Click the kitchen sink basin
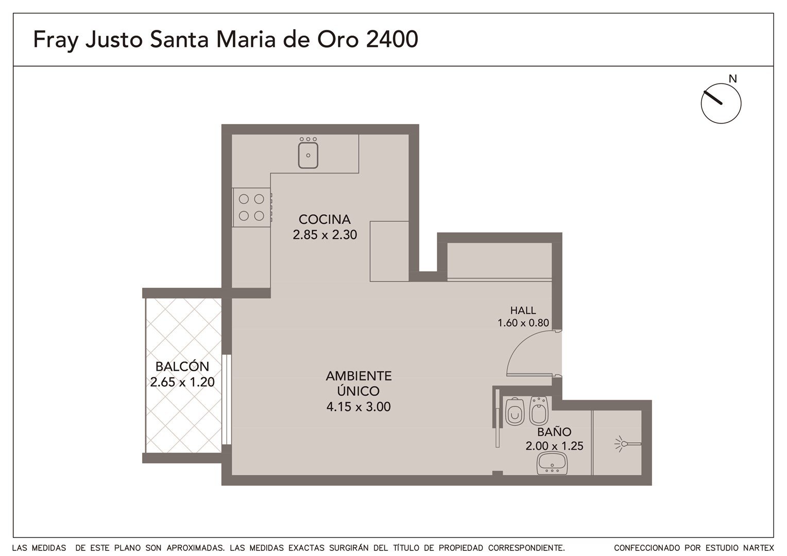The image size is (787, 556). pos(308,155)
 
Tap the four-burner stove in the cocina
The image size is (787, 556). pos(251,207)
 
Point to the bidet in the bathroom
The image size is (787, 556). pos(538,411)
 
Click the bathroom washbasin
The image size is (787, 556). pos(552,463)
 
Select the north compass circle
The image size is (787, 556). pos(721,103)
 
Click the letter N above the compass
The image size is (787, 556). pos(732,79)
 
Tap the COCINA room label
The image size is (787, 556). pos(324,219)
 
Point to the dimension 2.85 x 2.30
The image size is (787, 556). pos(324,235)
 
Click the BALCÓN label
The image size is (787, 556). pos(182,367)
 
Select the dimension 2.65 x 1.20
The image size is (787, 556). pos(182,382)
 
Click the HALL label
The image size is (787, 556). pos(523,310)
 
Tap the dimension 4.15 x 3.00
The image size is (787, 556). pos(358,406)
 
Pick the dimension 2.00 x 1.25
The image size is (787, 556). pos(554,446)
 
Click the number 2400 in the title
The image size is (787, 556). pos(392,39)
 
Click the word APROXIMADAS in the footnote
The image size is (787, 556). pos(196,548)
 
